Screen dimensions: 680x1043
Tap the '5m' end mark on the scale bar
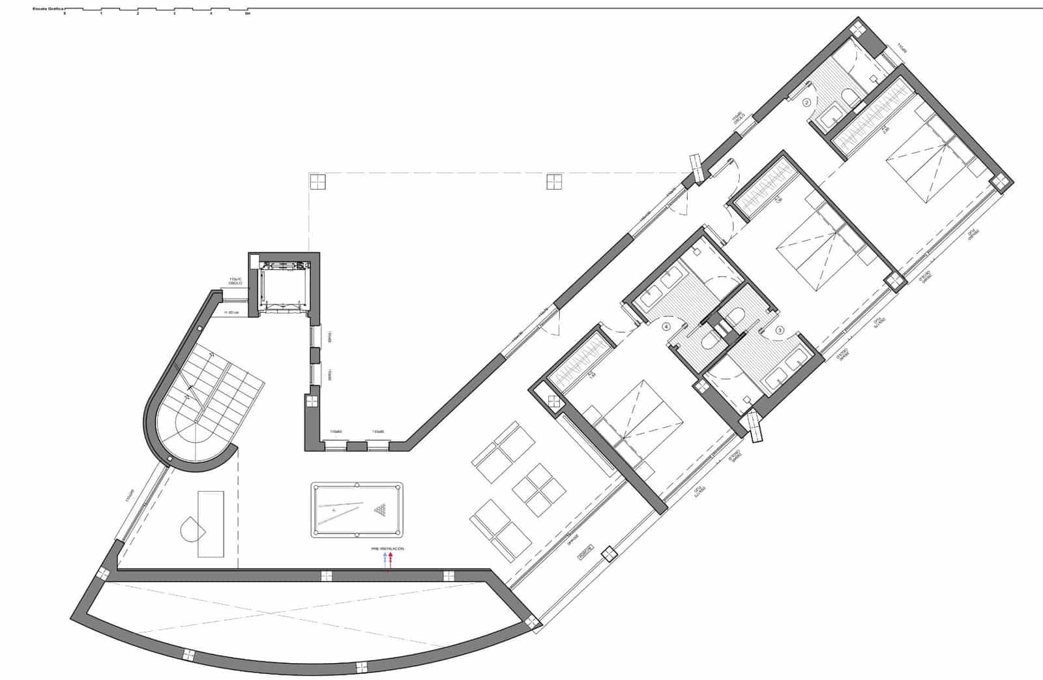tap(247, 13)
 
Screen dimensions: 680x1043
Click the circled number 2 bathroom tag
tap(806, 102)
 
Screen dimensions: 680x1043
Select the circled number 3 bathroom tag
tap(780, 331)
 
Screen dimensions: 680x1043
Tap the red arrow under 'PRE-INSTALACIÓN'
tap(390, 560)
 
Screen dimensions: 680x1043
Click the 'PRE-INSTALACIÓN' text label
tap(387, 549)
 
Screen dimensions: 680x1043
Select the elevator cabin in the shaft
tap(283, 287)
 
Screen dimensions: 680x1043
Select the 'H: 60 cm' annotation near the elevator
tap(231, 313)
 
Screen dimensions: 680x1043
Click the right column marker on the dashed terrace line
tap(554, 181)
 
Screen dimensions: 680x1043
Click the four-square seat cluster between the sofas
tap(537, 490)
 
